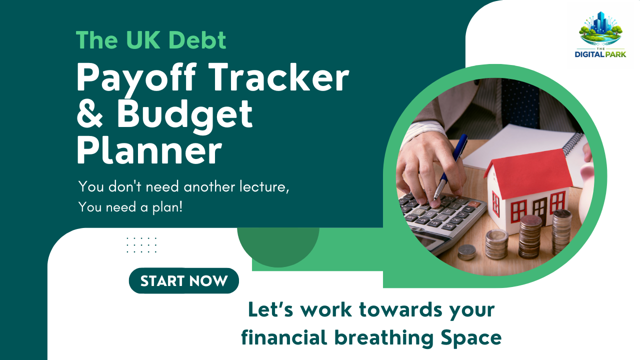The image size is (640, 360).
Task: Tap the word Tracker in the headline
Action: tap(275, 78)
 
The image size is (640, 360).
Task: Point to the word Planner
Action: tap(148, 151)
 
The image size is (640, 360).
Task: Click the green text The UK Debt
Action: tap(151, 40)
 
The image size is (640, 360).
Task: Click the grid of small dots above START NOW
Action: tap(141, 245)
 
